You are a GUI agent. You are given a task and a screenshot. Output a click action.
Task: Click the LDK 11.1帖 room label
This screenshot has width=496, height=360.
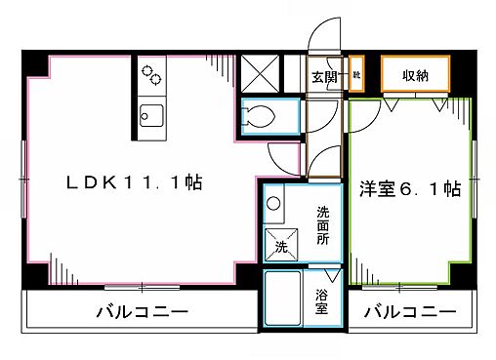coord(134,183)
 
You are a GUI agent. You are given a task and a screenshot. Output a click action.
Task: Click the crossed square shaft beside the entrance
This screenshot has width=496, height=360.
coord(261,73)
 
